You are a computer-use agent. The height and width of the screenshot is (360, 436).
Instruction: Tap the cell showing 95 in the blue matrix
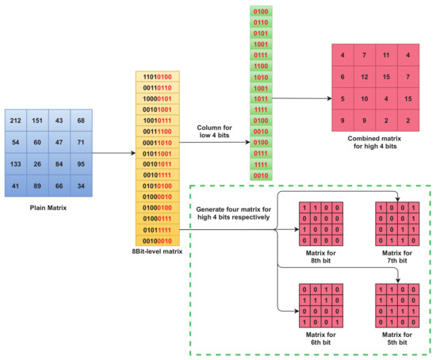click(81, 164)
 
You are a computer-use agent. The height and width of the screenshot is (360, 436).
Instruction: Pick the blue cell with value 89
click(38, 186)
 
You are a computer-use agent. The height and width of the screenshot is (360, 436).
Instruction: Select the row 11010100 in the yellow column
click(159, 77)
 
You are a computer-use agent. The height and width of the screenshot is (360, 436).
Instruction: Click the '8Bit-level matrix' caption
click(159, 251)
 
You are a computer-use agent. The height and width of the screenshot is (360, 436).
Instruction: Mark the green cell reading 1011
click(260, 99)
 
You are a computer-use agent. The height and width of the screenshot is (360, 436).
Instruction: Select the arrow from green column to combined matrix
click(302, 99)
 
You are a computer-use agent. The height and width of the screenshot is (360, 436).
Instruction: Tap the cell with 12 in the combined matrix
click(365, 77)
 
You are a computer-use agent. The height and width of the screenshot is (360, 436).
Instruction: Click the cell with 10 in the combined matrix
click(365, 99)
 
